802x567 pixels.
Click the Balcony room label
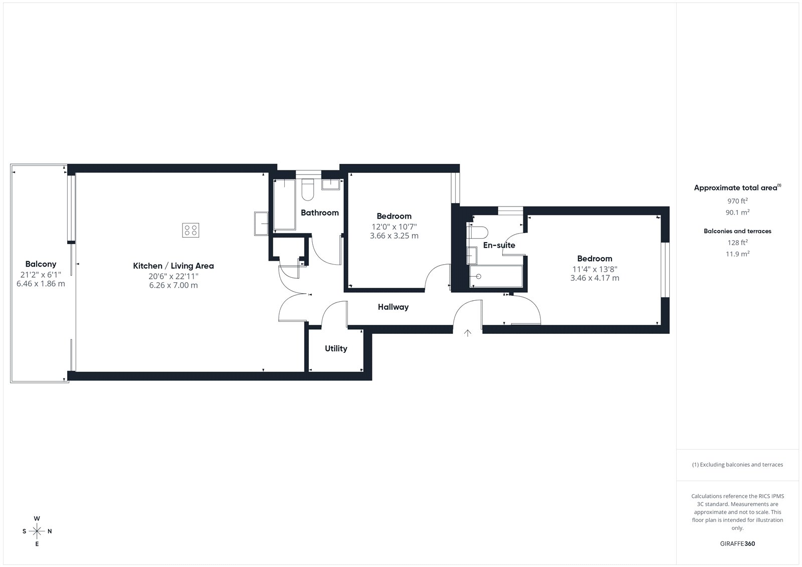click(41, 264)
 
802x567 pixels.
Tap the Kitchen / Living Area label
click(173, 266)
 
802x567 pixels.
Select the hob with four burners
click(190, 230)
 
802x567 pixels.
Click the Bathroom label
click(320, 213)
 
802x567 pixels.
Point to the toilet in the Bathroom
click(308, 189)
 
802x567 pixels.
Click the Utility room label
click(336, 348)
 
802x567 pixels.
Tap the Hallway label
click(393, 307)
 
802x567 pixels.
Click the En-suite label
click(499, 245)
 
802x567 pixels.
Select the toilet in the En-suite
click(478, 233)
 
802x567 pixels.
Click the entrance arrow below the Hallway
click(468, 333)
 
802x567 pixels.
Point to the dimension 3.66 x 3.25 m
click(394, 236)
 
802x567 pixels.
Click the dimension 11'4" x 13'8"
click(594, 269)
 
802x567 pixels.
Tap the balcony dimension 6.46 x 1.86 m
click(41, 284)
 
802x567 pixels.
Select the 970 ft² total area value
click(737, 201)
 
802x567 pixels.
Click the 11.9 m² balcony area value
click(737, 254)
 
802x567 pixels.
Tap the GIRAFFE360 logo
click(737, 544)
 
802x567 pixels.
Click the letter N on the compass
click(50, 531)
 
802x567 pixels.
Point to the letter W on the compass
click(37, 518)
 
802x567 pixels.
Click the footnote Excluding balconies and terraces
click(737, 465)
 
